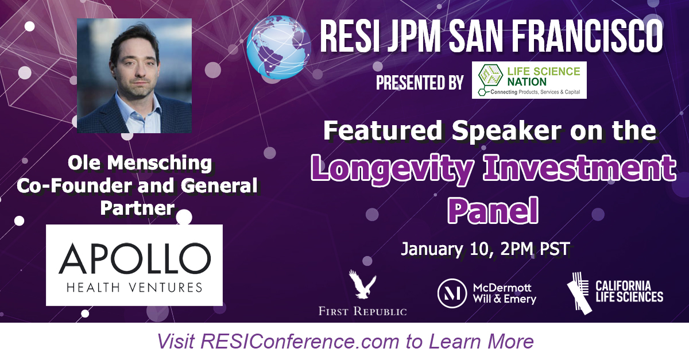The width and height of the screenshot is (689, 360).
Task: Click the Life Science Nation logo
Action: pyautogui.click(x=529, y=80)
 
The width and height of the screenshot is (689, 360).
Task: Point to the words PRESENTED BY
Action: pyautogui.click(x=420, y=83)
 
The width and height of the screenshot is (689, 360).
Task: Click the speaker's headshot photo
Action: pyautogui.click(x=134, y=76)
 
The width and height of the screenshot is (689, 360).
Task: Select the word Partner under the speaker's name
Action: pyautogui.click(x=137, y=207)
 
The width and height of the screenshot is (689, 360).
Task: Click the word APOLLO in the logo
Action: pyautogui.click(x=135, y=260)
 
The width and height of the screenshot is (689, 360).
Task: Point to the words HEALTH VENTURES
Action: pyautogui.click(x=135, y=287)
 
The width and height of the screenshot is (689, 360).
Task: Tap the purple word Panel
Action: pyautogui.click(x=492, y=211)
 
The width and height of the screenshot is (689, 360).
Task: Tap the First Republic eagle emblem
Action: pyautogui.click(x=362, y=286)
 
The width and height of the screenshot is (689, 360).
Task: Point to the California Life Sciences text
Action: pyautogui.click(x=629, y=291)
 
